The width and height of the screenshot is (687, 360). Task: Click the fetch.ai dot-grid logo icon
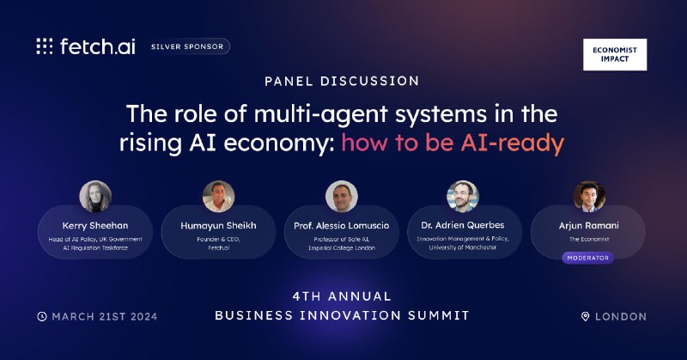(45, 46)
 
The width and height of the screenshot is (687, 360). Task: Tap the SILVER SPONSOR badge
(187, 46)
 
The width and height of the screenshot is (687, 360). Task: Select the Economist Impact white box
(615, 54)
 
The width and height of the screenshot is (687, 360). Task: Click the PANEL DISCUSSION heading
(342, 81)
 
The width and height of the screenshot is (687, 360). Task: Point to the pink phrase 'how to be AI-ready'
(453, 143)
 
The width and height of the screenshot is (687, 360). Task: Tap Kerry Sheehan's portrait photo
(95, 197)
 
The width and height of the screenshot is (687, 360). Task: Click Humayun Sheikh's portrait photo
(219, 197)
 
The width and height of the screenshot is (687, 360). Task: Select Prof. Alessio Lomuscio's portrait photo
(342, 197)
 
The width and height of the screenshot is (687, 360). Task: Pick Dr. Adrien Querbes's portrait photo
(463, 197)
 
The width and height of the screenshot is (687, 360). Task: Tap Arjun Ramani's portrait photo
(589, 197)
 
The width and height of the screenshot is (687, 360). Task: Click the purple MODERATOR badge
(588, 258)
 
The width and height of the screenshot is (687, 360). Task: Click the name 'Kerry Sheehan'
(95, 225)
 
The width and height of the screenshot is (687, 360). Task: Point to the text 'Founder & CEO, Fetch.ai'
(219, 243)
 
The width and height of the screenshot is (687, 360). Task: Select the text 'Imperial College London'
(342, 247)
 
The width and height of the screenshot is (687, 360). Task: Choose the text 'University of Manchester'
(463, 247)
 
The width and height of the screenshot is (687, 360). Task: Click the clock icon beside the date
(42, 316)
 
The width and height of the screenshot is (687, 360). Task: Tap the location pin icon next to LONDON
(586, 316)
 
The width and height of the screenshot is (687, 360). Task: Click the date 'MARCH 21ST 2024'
(104, 316)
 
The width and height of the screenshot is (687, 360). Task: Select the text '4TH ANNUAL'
(342, 296)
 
